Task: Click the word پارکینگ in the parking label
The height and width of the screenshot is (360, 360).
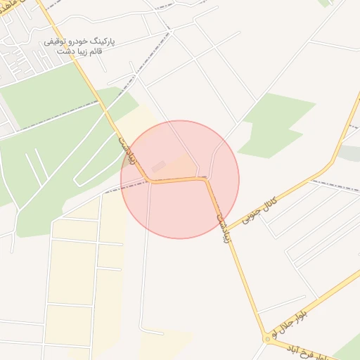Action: click(x=102, y=42)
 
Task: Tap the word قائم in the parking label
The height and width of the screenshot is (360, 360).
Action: click(x=96, y=52)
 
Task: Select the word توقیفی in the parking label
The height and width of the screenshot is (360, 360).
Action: click(x=56, y=42)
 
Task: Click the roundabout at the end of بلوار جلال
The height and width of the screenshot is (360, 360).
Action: click(x=268, y=339)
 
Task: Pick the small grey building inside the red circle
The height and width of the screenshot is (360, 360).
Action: click(x=159, y=166)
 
